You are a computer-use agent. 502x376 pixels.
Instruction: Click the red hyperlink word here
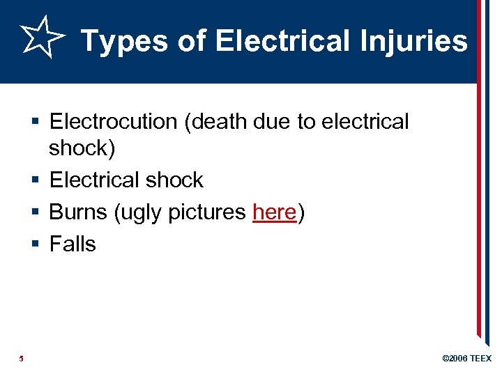[x=275, y=212]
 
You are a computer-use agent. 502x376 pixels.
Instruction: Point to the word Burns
[x=77, y=212]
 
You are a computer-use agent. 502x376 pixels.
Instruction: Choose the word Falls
[x=73, y=244]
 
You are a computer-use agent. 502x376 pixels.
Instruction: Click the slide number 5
[x=22, y=359]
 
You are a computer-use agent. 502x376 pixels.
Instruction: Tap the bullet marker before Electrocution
[x=36, y=123]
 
